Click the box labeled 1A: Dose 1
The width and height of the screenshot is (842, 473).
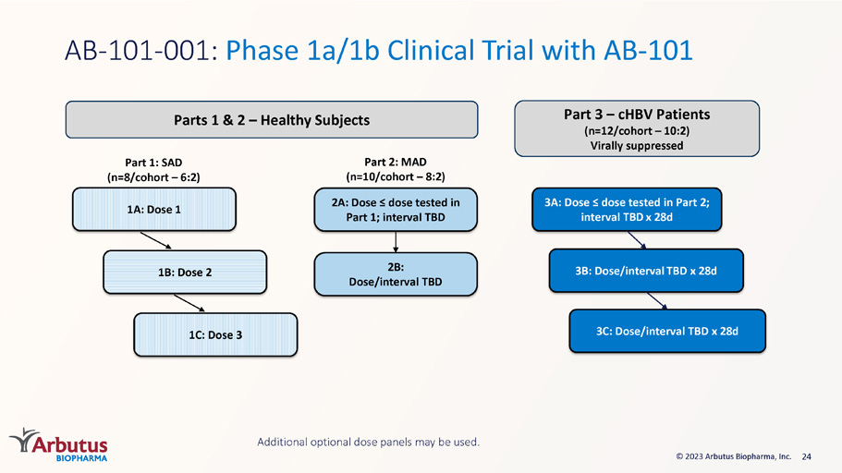[x=154, y=210]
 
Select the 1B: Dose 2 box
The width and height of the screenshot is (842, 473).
[x=185, y=273]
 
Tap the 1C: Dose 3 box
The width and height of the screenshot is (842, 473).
[x=215, y=335]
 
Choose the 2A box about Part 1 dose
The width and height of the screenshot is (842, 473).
[x=396, y=210]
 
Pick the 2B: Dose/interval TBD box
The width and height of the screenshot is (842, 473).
[x=396, y=274]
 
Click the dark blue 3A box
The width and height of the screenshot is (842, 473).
[x=627, y=210]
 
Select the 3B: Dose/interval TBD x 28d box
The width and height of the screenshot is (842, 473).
[x=646, y=271]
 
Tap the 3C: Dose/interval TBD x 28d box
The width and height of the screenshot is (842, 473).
[x=667, y=332]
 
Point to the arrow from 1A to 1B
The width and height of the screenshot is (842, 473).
[x=155, y=240]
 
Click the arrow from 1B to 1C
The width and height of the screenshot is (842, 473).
[x=189, y=303]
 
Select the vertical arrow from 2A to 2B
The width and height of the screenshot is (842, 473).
[x=396, y=242]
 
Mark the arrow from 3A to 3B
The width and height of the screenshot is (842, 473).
[x=637, y=240]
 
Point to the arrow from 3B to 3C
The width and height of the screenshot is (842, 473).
[x=657, y=301]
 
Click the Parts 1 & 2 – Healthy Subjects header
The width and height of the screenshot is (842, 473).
[x=272, y=120]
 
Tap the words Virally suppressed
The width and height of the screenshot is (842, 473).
[x=637, y=145]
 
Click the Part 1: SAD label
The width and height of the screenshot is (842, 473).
[x=153, y=163]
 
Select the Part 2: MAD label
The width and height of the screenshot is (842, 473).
[x=396, y=163]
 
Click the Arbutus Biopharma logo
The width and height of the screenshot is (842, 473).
[x=58, y=444]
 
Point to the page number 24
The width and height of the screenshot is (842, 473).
[x=807, y=456]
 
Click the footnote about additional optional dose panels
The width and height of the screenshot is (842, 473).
[x=369, y=442]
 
